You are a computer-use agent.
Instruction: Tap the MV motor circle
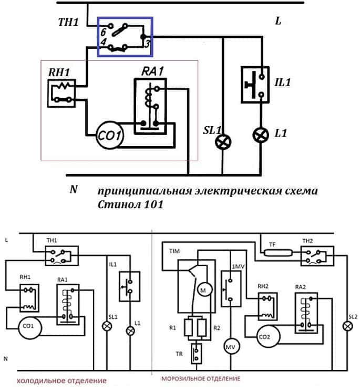click(x=231, y=347)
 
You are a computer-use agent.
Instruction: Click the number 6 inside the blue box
click(x=104, y=32)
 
